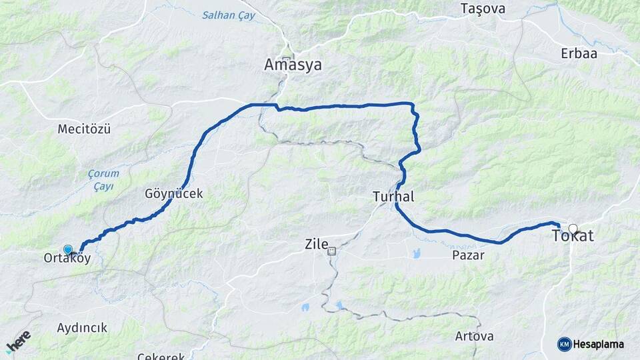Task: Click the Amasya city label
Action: coord(293,65)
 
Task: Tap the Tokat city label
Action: coord(573,236)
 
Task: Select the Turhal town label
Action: coord(394,197)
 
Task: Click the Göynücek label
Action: coord(173,194)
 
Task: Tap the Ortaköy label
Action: coord(67,258)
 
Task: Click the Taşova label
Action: coord(483,9)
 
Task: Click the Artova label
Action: coord(475,335)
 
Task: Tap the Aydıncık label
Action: coord(82,328)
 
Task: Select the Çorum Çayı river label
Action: coord(103,179)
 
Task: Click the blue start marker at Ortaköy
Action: coord(67,249)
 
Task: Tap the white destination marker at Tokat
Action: coord(573,228)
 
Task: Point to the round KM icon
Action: coord(564,344)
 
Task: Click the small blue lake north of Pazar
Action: coord(417,253)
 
